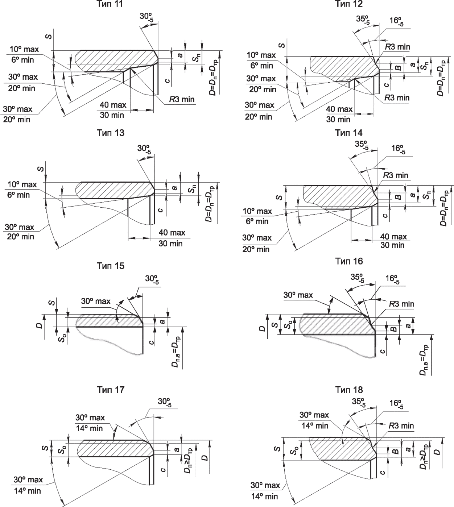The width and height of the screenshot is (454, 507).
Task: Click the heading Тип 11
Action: click(x=110, y=4)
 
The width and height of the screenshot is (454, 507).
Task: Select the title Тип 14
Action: click(x=348, y=133)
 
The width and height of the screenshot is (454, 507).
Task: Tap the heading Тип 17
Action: click(x=111, y=390)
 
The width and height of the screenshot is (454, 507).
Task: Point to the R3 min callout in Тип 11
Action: click(x=182, y=99)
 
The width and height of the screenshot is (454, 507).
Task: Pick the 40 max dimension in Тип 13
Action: click(x=172, y=232)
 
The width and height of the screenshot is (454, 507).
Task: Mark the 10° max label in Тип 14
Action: click(x=257, y=211)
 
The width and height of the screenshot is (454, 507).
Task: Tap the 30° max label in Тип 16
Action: click(x=298, y=295)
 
